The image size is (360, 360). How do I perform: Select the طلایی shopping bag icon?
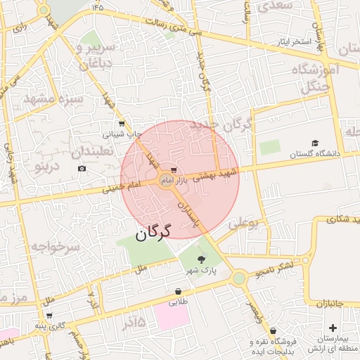pos(178,291)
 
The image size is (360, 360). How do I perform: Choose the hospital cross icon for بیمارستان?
pos(333,328)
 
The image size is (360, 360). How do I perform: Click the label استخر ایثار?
pos(292,42)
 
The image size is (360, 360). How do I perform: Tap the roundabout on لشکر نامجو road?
pos(239,278)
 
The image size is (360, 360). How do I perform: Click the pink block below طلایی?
pos(172,316)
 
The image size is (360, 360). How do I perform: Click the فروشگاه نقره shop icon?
pos(273,330)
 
